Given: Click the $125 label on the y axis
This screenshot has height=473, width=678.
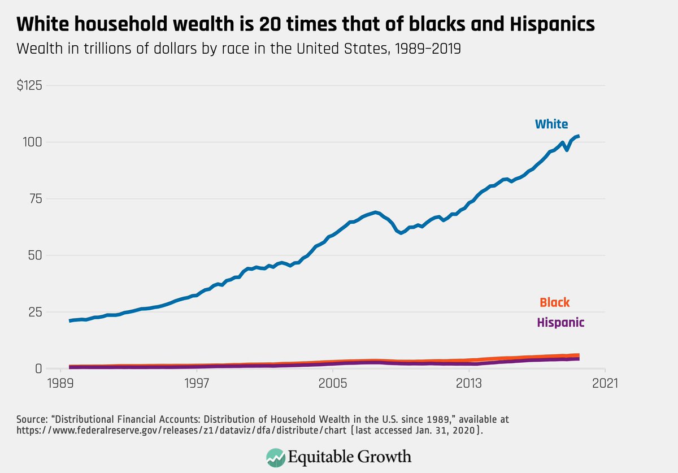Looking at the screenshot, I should [x=31, y=86].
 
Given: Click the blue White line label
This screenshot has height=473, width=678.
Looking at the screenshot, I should [x=551, y=124].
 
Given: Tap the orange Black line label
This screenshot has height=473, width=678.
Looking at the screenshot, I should [x=554, y=303].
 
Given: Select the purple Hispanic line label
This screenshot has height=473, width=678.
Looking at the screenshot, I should [x=560, y=323].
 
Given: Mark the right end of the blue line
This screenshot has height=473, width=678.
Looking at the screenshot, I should [x=579, y=136].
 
